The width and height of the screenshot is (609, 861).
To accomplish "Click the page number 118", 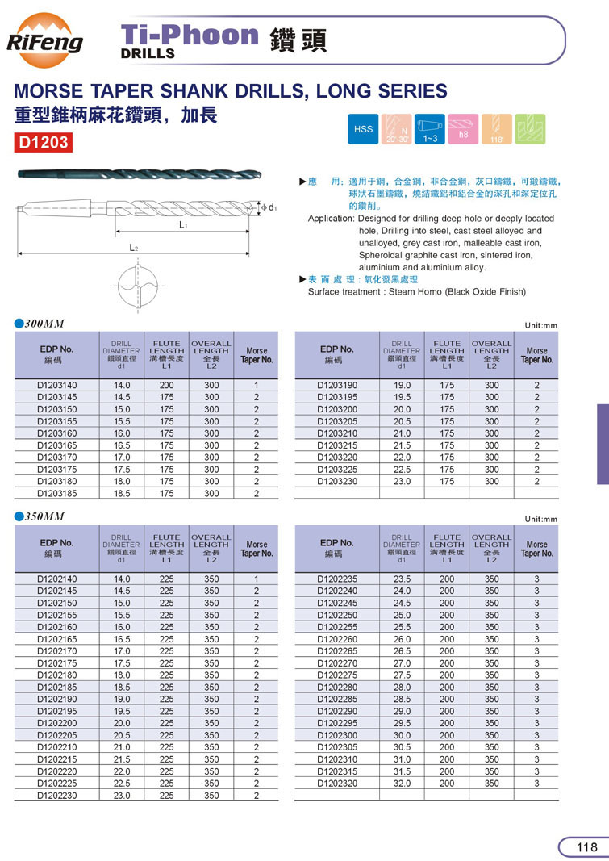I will [x=587, y=846].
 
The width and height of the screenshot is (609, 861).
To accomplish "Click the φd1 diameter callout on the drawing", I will [x=269, y=207].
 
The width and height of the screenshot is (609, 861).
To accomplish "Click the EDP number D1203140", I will [x=57, y=386].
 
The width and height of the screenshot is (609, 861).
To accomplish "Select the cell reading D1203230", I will [x=337, y=482].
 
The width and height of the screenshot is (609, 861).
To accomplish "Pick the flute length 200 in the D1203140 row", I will [x=166, y=386].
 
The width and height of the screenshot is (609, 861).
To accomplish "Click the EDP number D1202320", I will [x=337, y=784].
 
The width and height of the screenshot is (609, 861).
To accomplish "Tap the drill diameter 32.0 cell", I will [x=402, y=784].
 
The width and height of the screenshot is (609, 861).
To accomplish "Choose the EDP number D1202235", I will [x=337, y=579].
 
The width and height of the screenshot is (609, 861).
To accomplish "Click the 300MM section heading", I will [x=44, y=324].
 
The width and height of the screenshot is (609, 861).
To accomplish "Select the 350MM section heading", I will [x=44, y=516].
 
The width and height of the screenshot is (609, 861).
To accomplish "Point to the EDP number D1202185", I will [x=57, y=688].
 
